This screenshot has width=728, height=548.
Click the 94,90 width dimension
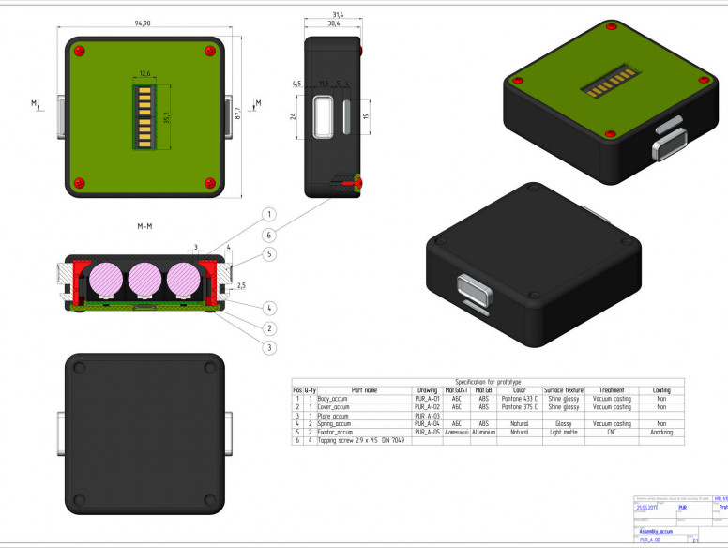[144, 22]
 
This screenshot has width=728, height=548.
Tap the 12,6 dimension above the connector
[144, 72]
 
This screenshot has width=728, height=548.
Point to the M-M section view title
[145, 226]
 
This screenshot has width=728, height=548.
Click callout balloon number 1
[268, 215]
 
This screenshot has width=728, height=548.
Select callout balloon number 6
[268, 235]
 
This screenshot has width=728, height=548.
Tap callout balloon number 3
[268, 348]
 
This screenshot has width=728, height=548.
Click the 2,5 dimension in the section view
[240, 284]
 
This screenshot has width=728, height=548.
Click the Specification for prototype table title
[488, 382]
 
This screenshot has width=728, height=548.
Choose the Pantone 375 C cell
[520, 407]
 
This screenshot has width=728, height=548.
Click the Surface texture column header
[563, 390]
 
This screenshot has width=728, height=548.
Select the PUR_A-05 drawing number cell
[427, 432]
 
